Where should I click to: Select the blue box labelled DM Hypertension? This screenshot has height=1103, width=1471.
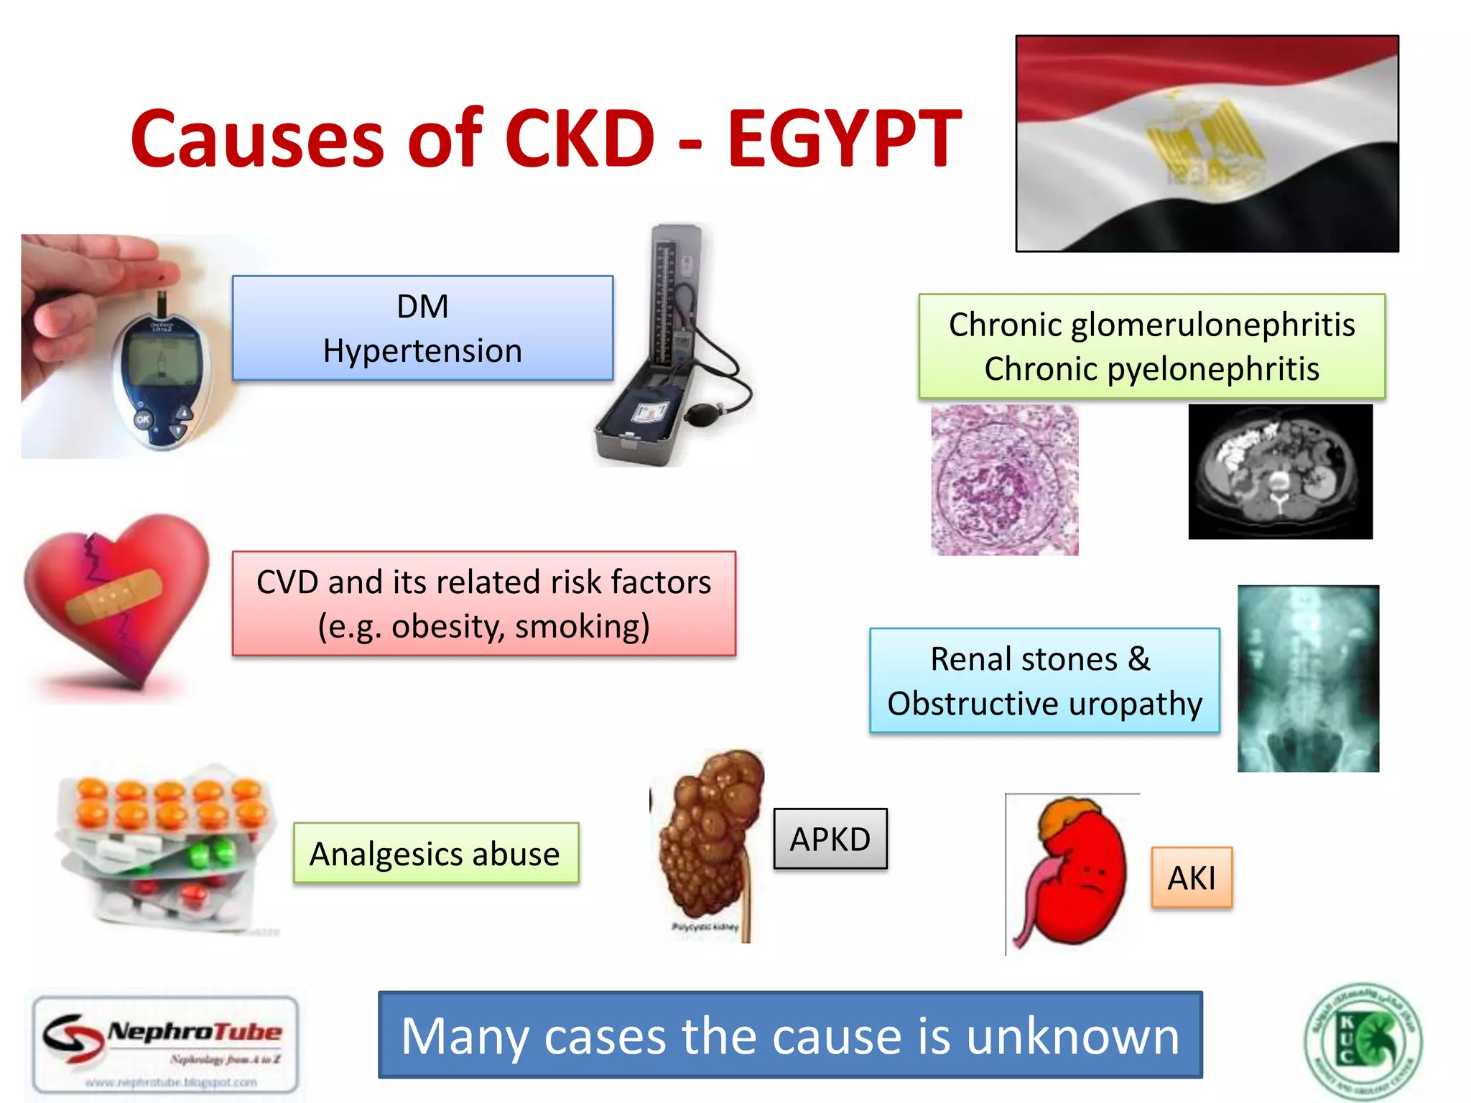pyautogui.click(x=422, y=328)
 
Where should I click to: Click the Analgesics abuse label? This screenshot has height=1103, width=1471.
pyautogui.click(x=435, y=853)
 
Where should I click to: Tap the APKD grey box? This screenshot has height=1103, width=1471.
pyautogui.click(x=830, y=839)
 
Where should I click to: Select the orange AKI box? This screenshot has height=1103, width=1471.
pyautogui.click(x=1192, y=878)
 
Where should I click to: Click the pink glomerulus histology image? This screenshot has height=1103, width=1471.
pyautogui.click(x=1004, y=480)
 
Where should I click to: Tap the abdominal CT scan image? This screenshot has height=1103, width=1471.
pyautogui.click(x=1280, y=472)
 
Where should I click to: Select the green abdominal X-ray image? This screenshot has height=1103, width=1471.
pyautogui.click(x=1308, y=679)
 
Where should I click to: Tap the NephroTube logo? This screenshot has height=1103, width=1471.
pyautogui.click(x=165, y=1043)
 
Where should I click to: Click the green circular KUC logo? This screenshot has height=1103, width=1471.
pyautogui.click(x=1363, y=1041)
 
